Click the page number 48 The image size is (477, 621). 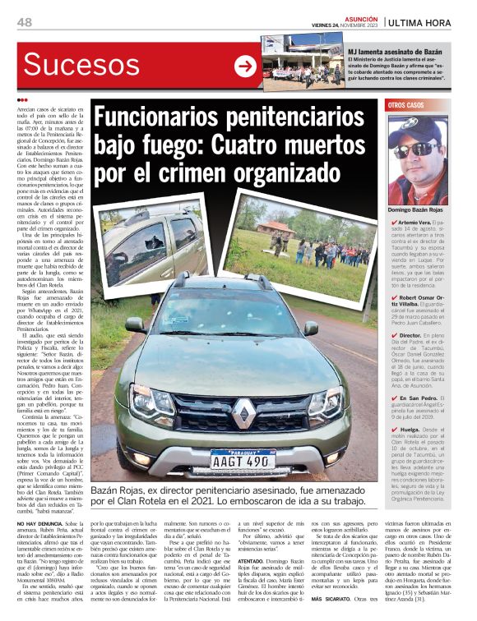[x=24, y=21]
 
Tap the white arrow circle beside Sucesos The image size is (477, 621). [x=245, y=67]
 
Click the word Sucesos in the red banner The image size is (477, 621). [x=81, y=67]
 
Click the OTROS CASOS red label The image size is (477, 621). [x=407, y=106]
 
